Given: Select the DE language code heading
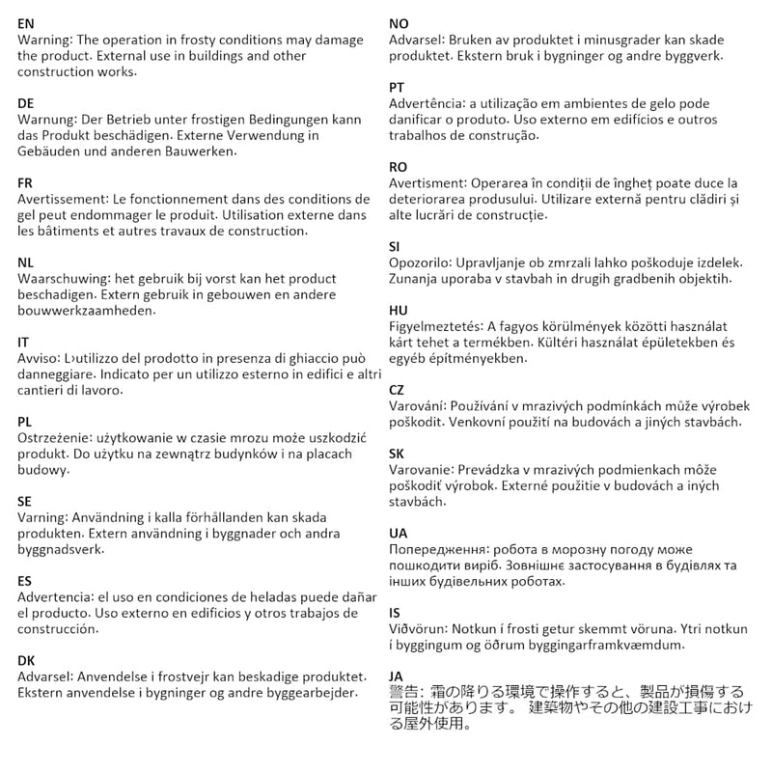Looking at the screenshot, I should pyautogui.click(x=26, y=102).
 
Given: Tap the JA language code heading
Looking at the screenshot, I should pyautogui.click(x=397, y=675).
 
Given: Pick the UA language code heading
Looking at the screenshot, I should pyautogui.click(x=398, y=533).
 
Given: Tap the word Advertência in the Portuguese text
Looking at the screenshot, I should pyautogui.click(x=427, y=104).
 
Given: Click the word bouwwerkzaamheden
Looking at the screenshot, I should pyautogui.click(x=86, y=312).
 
